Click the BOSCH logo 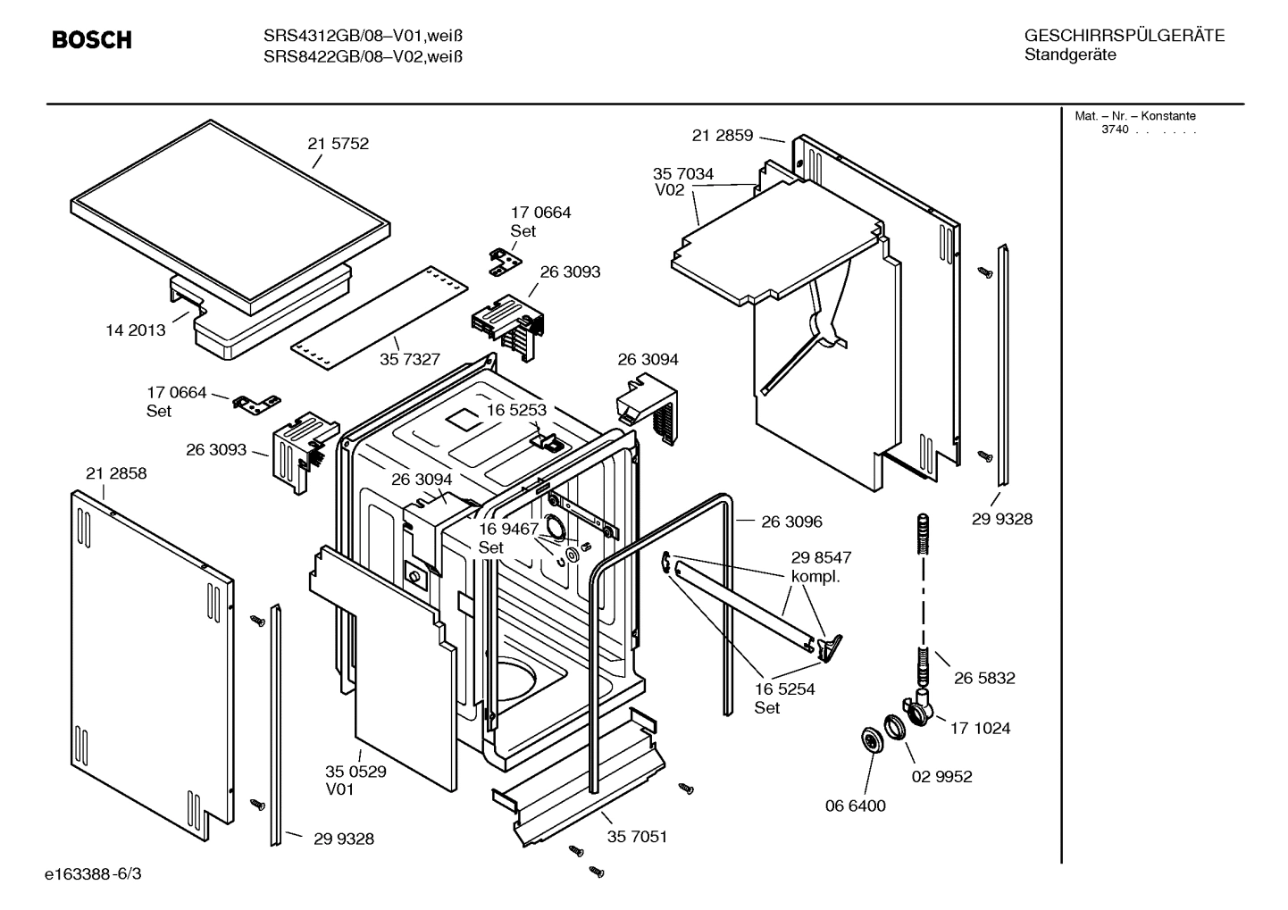point(91,40)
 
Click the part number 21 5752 point(338,144)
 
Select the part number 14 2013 point(136,330)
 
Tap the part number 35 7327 point(410,359)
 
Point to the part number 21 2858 point(116,473)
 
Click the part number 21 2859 point(722,136)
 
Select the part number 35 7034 point(683,174)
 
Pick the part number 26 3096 point(791,522)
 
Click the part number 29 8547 point(821,557)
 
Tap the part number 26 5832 point(984,679)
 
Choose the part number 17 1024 point(980,729)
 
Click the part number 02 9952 point(941,777)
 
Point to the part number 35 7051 point(637,837)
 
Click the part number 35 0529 point(355,772)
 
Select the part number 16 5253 point(516,409)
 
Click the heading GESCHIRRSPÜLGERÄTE point(1124,36)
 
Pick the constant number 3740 point(1115,129)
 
